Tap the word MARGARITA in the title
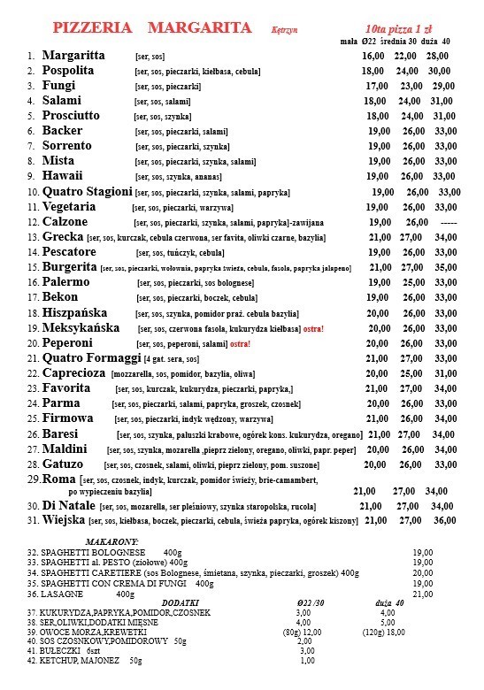pos(200,28)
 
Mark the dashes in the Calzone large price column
pos(449,222)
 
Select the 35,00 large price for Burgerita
pos(445,266)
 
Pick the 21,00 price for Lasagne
pos(423,594)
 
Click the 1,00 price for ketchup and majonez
pos(307,661)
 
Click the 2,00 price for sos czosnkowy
pos(305,641)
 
